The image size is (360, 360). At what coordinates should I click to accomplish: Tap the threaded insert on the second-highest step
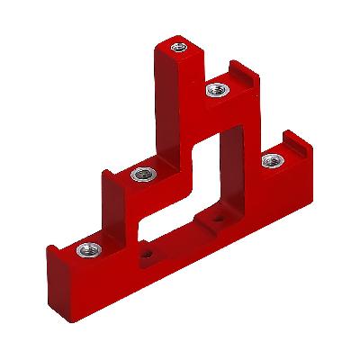[x=216, y=88]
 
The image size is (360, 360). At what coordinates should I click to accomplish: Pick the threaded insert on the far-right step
[x=268, y=162]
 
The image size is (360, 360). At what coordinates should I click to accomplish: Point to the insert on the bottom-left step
[x=85, y=249]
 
